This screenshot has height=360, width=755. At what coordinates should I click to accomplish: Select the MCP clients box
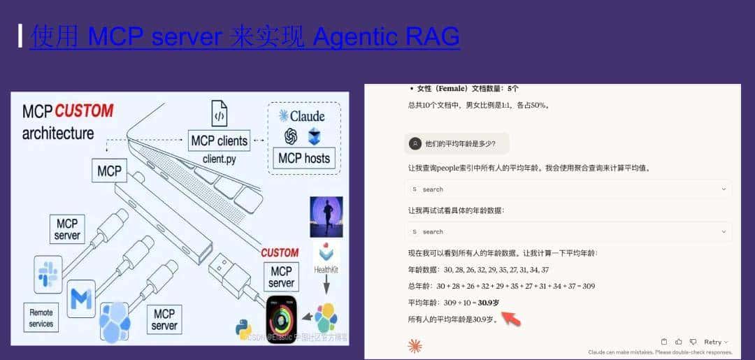pyautogui.click(x=219, y=141)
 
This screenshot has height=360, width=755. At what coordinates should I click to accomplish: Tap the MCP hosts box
pyautogui.click(x=303, y=158)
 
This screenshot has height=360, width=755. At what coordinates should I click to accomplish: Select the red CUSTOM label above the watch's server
pyautogui.click(x=280, y=252)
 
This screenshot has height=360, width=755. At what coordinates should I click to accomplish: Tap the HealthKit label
pyautogui.click(x=326, y=269)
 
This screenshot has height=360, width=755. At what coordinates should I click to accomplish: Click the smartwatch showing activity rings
pyautogui.click(x=282, y=319)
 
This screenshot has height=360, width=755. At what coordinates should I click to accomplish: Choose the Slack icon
pyautogui.click(x=48, y=273)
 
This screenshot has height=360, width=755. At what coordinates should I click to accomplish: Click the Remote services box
pyautogui.click(x=41, y=317)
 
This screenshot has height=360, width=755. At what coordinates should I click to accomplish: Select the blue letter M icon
pyautogui.click(x=82, y=299)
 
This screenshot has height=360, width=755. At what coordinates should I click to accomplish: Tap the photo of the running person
pyautogui.click(x=326, y=217)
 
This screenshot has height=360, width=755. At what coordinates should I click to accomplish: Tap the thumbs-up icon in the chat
pyautogui.click(x=678, y=342)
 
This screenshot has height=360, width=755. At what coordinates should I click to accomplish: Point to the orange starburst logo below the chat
pyautogui.click(x=415, y=345)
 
